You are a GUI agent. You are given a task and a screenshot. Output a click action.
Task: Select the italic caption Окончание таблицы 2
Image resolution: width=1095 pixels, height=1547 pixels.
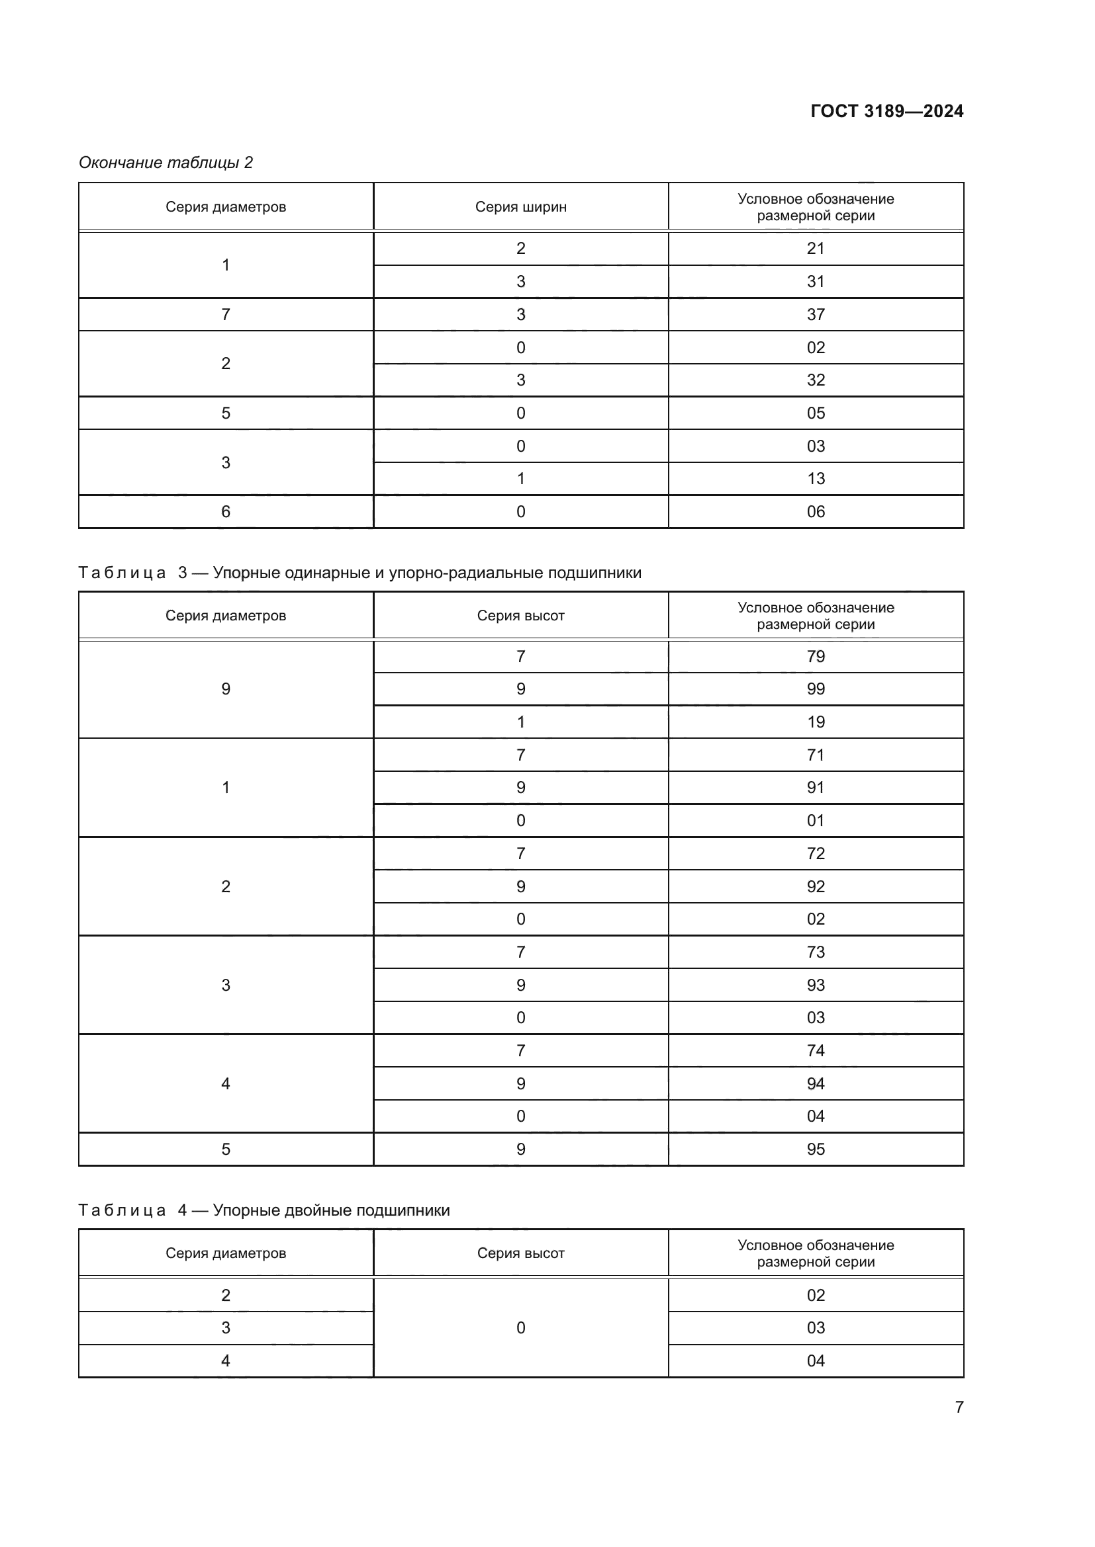click(166, 163)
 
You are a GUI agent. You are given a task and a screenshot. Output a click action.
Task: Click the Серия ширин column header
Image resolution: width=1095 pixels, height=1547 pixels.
click(520, 207)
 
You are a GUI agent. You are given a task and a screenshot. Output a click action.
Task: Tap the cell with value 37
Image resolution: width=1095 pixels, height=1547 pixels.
click(815, 315)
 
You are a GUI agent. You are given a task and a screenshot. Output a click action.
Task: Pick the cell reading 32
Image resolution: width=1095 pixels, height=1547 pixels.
click(815, 380)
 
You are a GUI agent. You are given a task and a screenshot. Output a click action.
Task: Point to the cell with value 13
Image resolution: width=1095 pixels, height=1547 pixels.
click(815, 479)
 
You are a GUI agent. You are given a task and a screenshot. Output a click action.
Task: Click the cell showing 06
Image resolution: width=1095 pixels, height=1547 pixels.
click(815, 512)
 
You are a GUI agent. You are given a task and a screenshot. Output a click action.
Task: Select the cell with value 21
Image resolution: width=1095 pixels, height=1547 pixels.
click(815, 249)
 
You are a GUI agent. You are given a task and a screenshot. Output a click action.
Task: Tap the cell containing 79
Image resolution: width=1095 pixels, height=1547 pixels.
click(815, 657)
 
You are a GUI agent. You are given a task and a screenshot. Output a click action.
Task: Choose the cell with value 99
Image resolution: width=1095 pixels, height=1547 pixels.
click(815, 689)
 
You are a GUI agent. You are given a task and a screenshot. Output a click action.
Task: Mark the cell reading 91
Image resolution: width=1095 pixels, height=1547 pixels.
click(815, 788)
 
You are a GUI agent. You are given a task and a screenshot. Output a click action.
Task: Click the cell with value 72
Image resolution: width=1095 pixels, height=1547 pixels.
click(815, 854)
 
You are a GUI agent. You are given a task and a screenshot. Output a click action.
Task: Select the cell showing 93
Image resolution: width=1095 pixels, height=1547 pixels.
click(815, 985)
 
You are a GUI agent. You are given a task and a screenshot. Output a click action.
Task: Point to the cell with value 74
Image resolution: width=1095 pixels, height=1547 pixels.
click(815, 1050)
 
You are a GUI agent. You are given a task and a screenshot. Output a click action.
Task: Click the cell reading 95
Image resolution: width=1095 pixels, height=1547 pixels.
click(815, 1150)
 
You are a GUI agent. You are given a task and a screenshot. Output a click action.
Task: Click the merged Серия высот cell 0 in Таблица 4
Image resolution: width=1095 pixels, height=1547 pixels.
click(520, 1328)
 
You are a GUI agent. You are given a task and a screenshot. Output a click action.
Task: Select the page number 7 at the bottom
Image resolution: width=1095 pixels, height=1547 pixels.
click(959, 1407)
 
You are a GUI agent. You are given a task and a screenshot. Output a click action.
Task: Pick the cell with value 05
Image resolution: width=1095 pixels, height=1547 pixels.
click(815, 413)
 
